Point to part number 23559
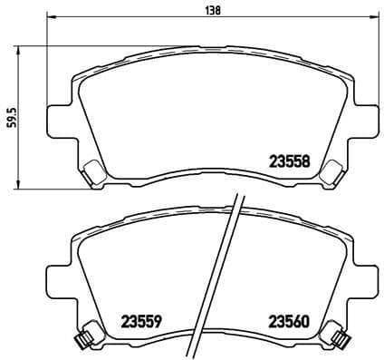(x=141, y=320)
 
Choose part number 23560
(x=288, y=320)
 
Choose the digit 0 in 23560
(x=305, y=320)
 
